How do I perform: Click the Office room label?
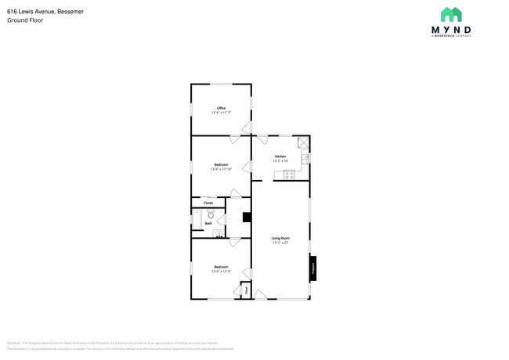pos(222,108)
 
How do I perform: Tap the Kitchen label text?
pos(280,157)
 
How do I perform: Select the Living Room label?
pos(280,238)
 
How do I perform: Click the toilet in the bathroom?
pos(211,214)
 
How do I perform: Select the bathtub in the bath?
pos(197,219)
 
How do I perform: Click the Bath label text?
pos(208,224)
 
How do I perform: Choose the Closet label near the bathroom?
pos(208,203)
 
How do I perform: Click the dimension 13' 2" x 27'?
pos(280,243)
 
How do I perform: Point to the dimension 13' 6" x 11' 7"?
pos(222,113)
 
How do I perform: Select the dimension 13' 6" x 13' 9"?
pos(222,272)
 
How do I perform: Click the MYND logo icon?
pos(450,14)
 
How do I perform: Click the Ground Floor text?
pos(25,21)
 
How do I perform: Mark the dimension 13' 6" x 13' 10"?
pos(222,169)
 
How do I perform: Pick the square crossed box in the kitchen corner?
pos(303,142)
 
